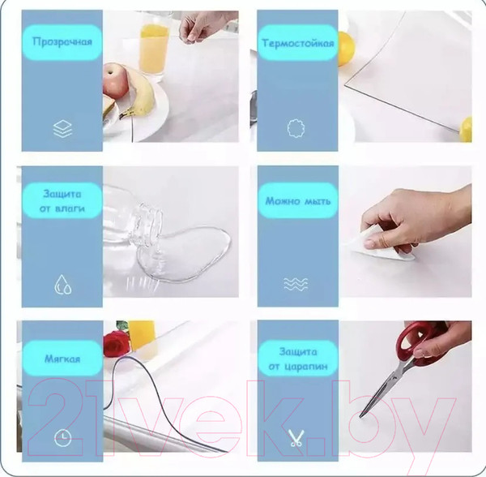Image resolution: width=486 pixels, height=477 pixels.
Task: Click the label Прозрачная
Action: click(62, 41)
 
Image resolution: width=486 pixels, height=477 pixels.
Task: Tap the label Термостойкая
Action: click(298, 43)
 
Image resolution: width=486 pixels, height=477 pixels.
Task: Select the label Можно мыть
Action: click(298, 201)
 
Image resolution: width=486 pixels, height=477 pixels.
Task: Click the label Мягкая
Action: click(62, 359)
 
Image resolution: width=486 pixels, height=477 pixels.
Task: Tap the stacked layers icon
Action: click(62, 128)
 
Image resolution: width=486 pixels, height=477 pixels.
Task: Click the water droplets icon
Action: click(63, 284)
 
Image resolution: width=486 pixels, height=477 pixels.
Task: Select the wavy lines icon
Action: click(296, 284)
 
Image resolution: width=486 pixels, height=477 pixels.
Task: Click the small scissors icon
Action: click(296, 438)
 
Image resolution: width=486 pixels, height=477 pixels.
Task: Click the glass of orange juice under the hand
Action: click(154, 48)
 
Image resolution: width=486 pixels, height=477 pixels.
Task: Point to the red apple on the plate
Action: click(115, 80)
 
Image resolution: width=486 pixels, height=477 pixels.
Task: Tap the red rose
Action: click(116, 343)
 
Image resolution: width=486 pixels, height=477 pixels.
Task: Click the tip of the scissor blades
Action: click(360, 417)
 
